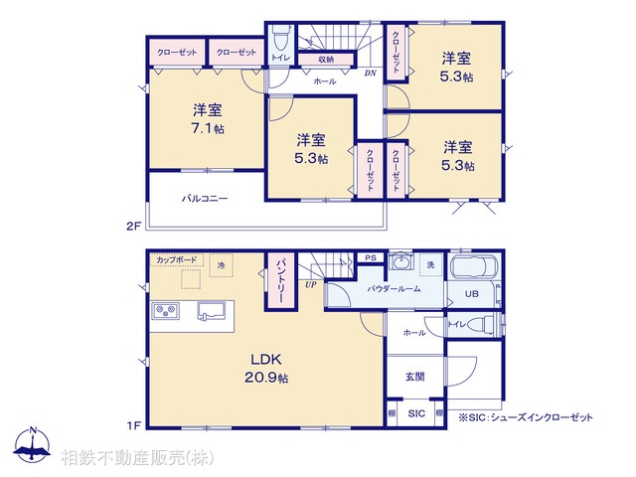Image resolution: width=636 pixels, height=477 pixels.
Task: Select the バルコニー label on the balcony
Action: point(205,199)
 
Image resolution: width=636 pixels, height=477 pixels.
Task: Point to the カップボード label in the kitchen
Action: point(174,260)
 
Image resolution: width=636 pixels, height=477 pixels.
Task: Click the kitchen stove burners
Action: point(165,312)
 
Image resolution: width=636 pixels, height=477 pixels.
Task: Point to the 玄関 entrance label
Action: point(415,377)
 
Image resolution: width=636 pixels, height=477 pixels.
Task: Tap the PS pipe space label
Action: point(369,257)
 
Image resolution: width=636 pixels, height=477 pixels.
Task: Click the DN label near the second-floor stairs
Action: point(370,74)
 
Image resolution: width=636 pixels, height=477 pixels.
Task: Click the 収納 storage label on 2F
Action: point(326,60)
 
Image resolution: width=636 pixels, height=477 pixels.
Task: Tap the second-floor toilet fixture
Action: point(281,41)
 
